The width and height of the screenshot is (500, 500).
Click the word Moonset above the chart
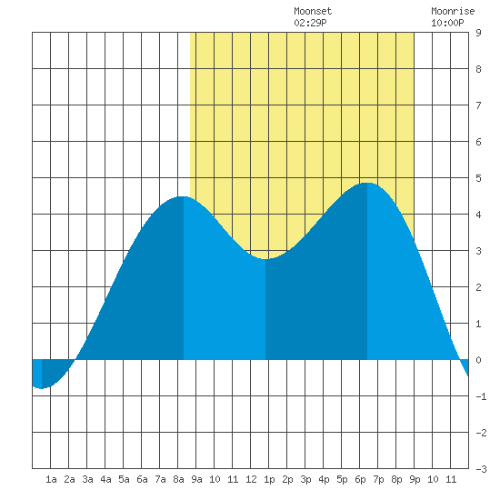point(313,11)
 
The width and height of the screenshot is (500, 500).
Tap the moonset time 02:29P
point(310,23)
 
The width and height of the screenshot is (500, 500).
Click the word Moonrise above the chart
point(453,11)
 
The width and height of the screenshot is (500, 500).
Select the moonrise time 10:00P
point(447,23)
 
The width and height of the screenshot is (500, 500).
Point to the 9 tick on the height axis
point(478,33)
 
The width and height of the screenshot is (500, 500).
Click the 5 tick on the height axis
point(478,178)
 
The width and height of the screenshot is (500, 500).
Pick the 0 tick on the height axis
point(478,360)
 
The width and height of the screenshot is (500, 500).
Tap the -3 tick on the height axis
point(481,469)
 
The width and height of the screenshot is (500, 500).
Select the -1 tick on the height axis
point(481,396)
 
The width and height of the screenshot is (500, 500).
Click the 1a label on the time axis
point(51,479)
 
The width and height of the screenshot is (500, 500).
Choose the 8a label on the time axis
point(178,479)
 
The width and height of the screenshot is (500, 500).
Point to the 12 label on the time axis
point(251,479)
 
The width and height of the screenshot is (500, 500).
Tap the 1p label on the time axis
point(269,479)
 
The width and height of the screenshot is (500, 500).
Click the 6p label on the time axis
point(360,479)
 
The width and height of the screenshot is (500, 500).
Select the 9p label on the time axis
point(415,479)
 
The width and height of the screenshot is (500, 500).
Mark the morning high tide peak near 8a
point(184,196)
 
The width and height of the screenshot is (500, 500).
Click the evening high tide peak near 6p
point(366,183)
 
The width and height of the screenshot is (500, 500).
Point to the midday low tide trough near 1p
point(265,258)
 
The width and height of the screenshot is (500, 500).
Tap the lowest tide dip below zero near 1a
point(42,388)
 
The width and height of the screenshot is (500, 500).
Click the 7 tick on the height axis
point(478,105)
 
